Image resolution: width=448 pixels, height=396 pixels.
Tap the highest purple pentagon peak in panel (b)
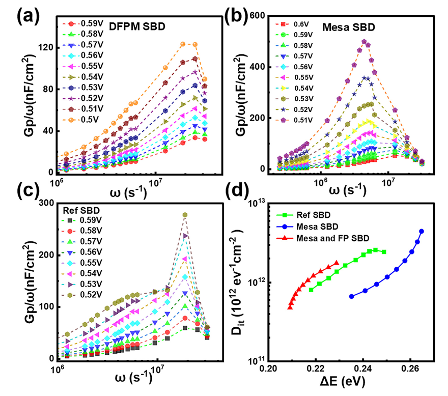pos(364,42)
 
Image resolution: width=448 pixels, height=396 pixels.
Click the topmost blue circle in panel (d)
pos(421,232)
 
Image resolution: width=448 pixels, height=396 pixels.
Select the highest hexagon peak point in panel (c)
pos(185,215)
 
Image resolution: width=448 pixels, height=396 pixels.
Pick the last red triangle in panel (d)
pos(336,263)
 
